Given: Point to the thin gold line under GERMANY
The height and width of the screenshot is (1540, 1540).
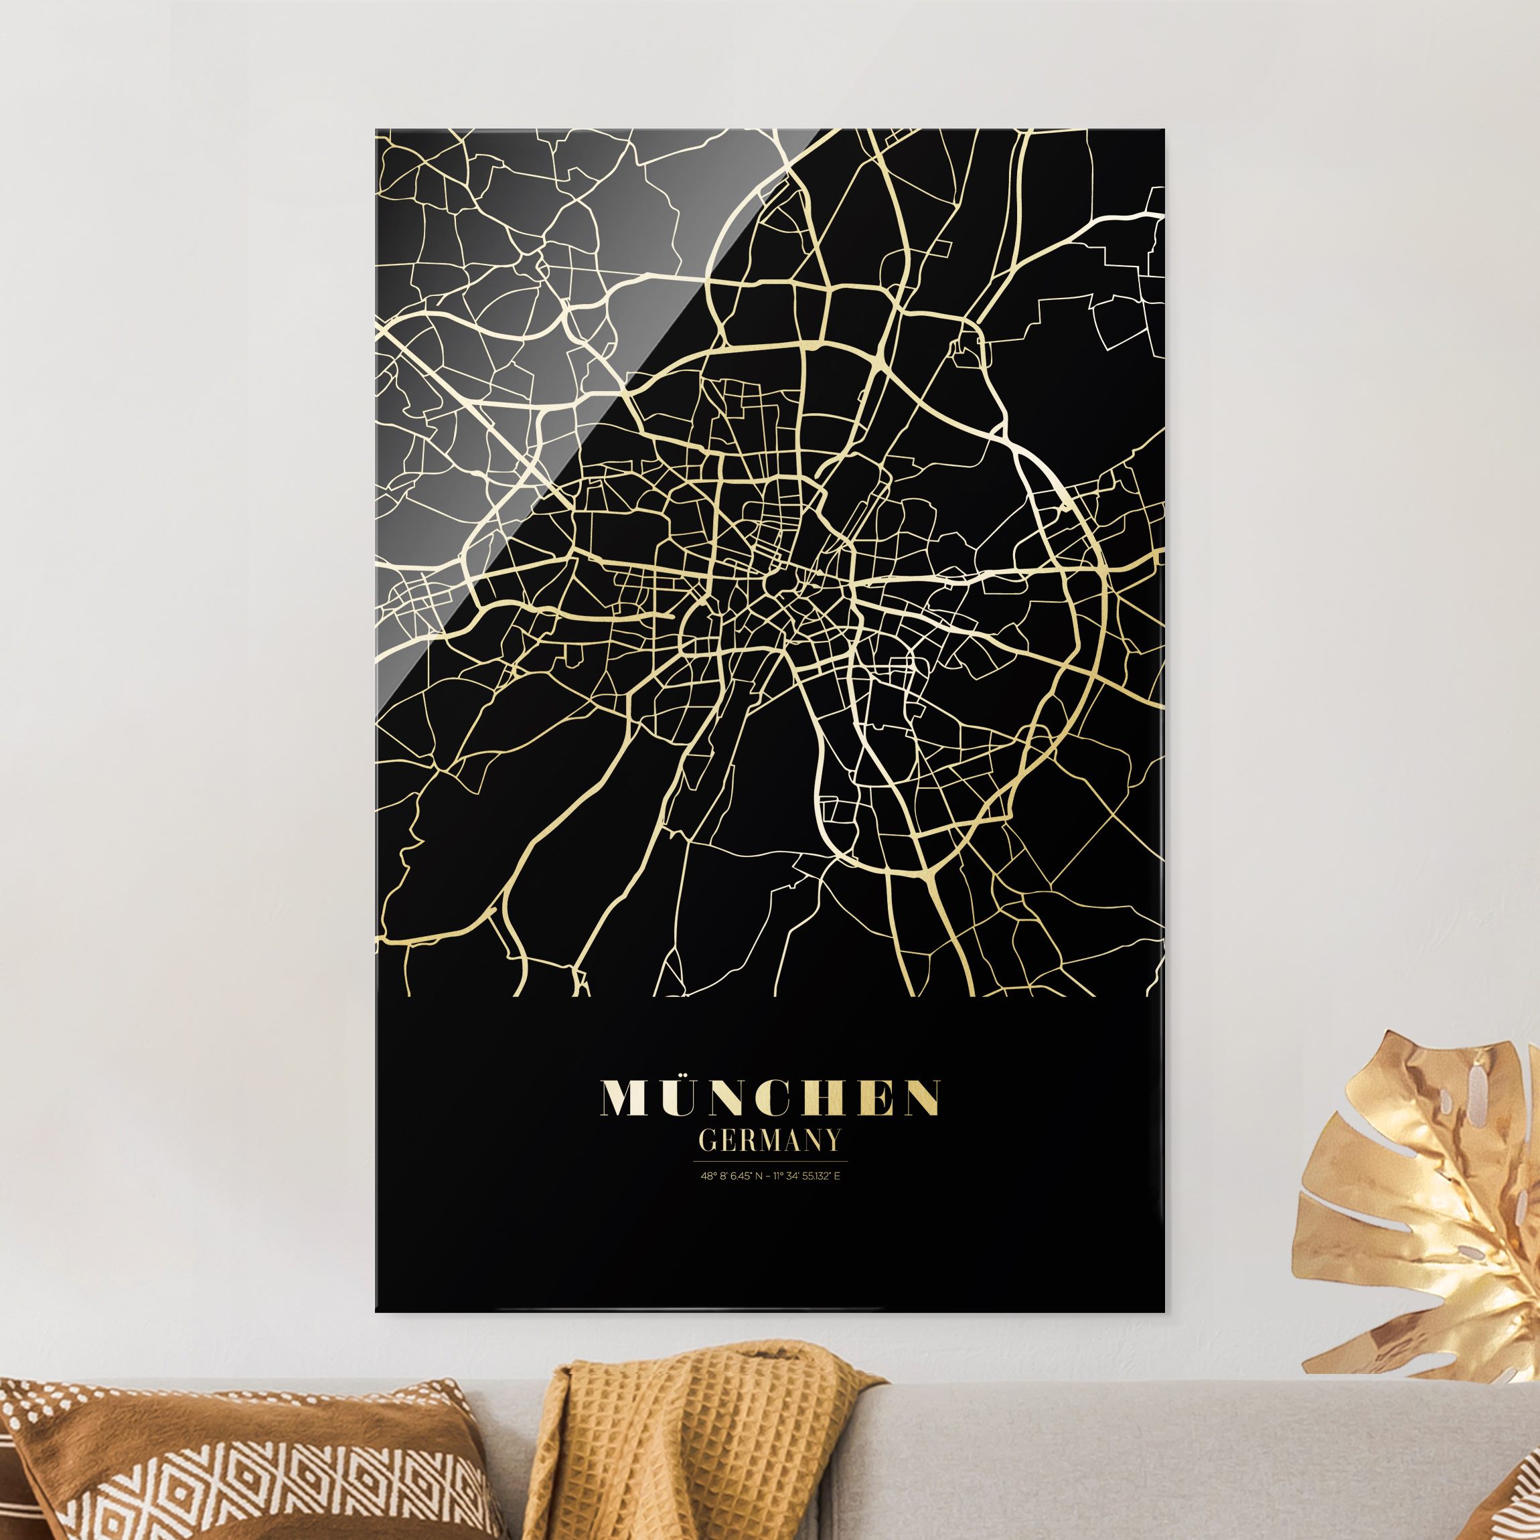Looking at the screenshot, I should pos(770,1160).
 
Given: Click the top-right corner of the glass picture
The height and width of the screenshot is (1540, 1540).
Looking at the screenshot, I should pos(1163,129).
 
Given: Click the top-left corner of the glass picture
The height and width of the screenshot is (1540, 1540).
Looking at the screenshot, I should pos(376,129).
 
